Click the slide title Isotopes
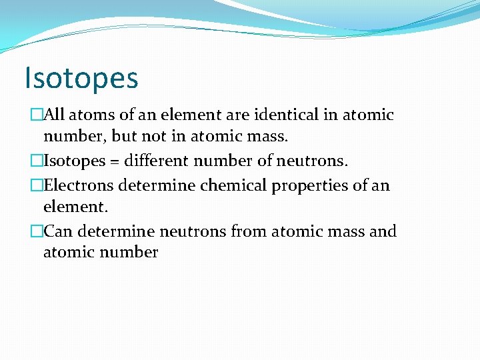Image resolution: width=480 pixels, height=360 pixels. click(x=81, y=77)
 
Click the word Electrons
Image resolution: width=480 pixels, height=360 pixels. click(x=76, y=185)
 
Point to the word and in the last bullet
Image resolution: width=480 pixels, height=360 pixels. click(x=383, y=231)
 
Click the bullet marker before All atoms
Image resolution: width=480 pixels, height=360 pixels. click(x=36, y=115)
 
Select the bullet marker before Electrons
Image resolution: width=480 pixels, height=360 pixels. click(x=36, y=185)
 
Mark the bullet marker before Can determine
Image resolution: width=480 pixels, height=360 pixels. click(x=36, y=232)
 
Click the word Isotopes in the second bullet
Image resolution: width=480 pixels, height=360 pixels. click(x=69, y=161)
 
